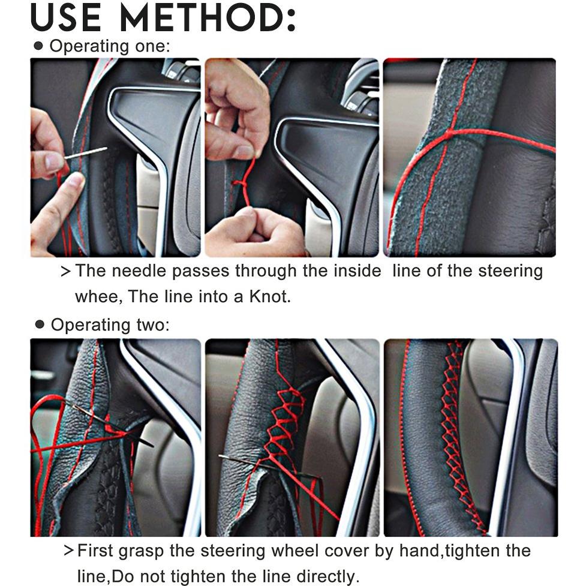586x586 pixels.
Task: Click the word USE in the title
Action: [66, 17]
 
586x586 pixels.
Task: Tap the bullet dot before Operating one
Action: [38, 46]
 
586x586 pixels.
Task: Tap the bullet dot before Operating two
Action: [40, 324]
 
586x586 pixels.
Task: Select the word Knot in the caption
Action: [270, 296]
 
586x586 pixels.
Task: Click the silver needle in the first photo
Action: [85, 153]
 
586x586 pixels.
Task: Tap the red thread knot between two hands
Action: [240, 184]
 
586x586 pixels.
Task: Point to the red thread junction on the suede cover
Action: [449, 133]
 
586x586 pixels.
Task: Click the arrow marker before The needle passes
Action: [65, 271]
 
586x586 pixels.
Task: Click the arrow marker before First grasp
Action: [68, 551]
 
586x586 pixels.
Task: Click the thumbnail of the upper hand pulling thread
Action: [292, 157]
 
